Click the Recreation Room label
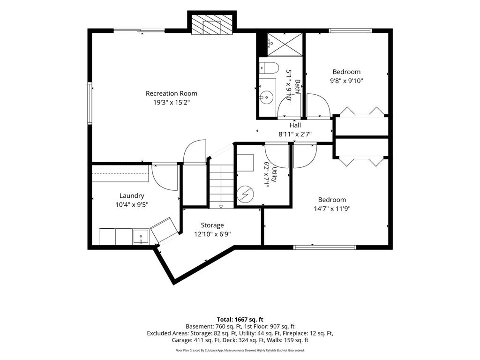coord(172,93)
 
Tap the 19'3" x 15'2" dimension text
coord(172,103)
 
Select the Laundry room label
coord(132,195)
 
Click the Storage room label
coord(212,225)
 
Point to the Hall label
coord(295,125)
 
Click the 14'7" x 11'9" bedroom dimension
coord(332,209)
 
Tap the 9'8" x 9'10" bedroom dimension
coord(346,81)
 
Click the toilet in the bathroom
coord(269,68)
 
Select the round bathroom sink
coord(267,97)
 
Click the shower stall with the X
coord(285,45)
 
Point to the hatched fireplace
coord(212,24)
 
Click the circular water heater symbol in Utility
coord(245,194)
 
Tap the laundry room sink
coord(141,237)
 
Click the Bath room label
coord(297,86)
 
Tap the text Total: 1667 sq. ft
coord(240,320)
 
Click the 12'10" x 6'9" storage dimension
coord(212,234)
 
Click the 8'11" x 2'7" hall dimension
coord(295,134)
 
